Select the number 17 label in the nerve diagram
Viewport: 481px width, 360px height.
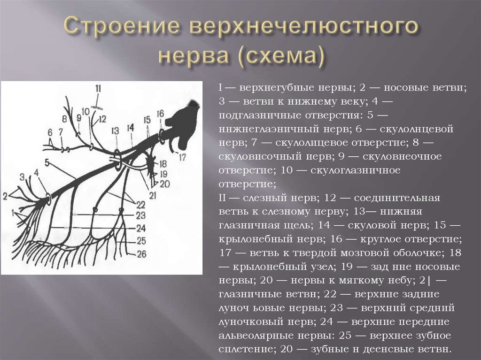tap(182, 157)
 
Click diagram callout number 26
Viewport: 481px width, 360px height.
tap(141, 254)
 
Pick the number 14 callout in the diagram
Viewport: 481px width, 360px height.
tap(130, 127)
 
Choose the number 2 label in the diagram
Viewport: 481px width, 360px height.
tap(5, 195)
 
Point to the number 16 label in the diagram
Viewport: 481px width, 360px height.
tap(160, 114)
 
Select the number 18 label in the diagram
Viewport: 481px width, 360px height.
tap(163, 164)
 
